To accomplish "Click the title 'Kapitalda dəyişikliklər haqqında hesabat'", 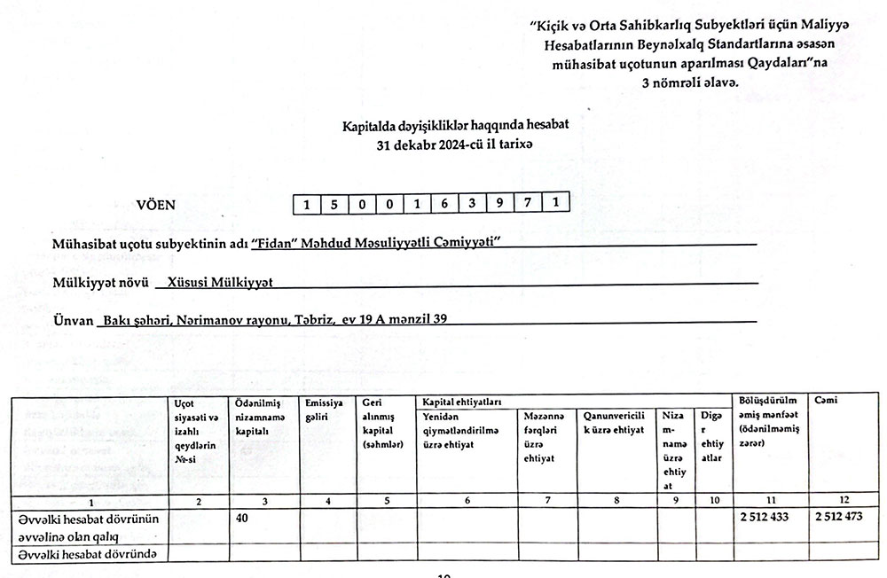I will (x=455, y=126).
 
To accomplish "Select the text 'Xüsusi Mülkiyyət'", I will (x=216, y=281).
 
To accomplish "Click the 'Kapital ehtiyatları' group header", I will (x=461, y=402).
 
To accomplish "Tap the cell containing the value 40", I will (x=241, y=519).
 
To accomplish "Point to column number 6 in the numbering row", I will (x=467, y=503).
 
